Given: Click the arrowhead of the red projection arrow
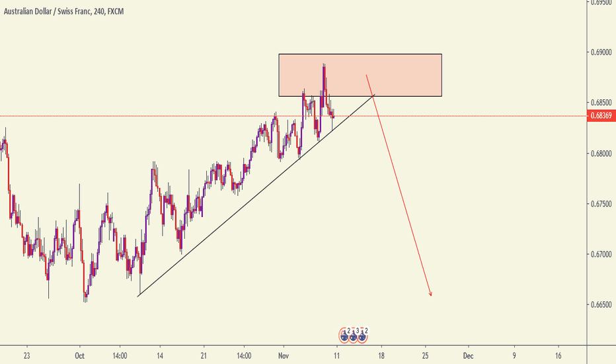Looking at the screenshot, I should [x=430, y=295].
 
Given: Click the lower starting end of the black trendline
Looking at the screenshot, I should [x=137, y=296].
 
